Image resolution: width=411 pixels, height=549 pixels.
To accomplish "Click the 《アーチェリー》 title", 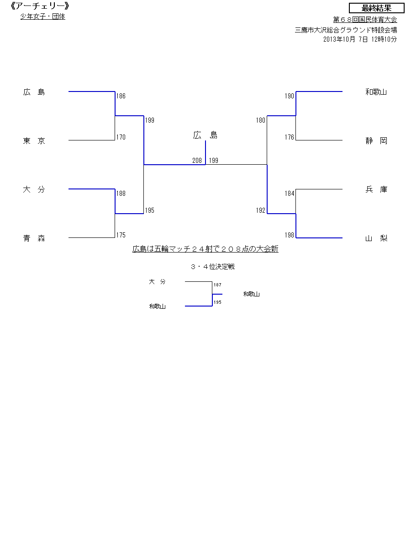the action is pos(39,6).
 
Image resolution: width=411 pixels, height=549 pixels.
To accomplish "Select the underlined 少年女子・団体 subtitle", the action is pos(42,16).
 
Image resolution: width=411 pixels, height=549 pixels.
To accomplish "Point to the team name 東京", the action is pos(34,141).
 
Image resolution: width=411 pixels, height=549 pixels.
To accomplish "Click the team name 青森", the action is pos(34,238).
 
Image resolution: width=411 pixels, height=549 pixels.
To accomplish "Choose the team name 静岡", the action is pos(376,141).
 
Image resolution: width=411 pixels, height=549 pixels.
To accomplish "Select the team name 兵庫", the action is pos(376,189).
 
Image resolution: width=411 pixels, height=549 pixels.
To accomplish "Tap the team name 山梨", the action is pos(376,238).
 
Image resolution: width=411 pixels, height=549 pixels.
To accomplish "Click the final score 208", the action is pos(197,160).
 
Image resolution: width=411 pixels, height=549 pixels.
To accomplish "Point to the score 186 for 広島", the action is pos(121,96).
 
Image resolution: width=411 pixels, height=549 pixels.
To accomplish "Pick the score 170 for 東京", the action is pos(121,137).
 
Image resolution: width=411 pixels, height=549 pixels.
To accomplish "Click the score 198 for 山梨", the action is pos(289,235).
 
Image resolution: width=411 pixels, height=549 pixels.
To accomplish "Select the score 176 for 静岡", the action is pos(289,137).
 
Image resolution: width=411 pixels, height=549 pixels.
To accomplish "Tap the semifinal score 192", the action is pos(260,210).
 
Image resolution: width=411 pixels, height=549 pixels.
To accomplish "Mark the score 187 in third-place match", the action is pos(217,285).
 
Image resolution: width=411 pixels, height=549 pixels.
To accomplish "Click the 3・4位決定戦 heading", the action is pos(213,267).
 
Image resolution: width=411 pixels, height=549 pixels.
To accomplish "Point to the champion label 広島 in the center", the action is pos(205,135).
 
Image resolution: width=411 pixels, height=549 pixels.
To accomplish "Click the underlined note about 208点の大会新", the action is pos(205,249).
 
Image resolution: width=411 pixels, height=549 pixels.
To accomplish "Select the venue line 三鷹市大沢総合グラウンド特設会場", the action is pos(346,30).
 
